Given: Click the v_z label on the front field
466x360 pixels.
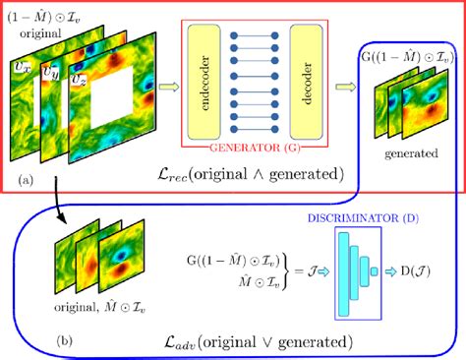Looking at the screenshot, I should [x=76, y=78].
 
